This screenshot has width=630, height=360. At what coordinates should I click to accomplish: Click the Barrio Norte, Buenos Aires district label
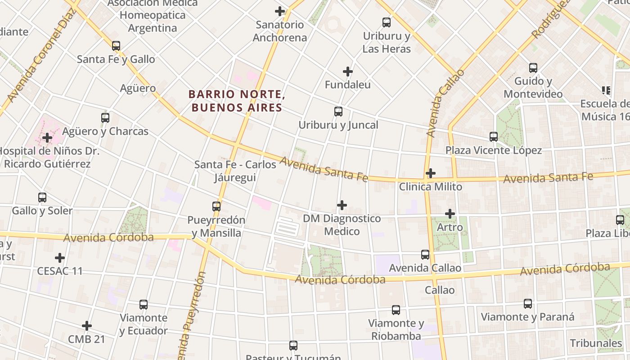tap(236, 101)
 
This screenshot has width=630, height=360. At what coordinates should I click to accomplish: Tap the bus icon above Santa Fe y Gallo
tap(116, 45)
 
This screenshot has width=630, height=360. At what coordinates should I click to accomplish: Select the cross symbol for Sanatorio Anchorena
tap(280, 11)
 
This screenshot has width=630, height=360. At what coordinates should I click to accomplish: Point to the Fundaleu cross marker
tap(348, 71)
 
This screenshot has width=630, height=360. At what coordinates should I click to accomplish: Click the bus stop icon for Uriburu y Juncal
tap(338, 111)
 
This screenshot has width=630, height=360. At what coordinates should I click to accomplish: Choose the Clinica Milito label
tap(431, 186)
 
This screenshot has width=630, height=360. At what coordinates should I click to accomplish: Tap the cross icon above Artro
tap(450, 214)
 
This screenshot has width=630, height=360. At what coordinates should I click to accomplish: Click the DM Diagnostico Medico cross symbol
tap(342, 205)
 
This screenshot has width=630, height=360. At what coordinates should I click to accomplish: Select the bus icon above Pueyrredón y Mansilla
tap(216, 206)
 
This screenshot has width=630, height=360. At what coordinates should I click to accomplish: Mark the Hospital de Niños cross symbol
tap(47, 137)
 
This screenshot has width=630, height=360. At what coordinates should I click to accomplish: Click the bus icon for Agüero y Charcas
tap(105, 117)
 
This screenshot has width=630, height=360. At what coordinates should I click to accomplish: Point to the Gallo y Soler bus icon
tap(42, 197)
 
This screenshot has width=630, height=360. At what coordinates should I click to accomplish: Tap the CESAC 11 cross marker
tap(60, 258)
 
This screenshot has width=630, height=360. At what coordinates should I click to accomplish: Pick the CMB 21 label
tap(86, 339)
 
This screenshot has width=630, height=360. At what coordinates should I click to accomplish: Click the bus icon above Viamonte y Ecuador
tap(144, 304)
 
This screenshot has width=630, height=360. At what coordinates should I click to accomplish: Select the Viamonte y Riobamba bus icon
tap(396, 310)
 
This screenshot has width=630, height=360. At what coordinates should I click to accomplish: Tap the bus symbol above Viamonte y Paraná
tap(528, 303)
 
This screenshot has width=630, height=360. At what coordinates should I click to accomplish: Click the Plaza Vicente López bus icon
tap(494, 136)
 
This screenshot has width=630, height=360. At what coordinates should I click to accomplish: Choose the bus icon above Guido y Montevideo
tap(533, 68)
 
